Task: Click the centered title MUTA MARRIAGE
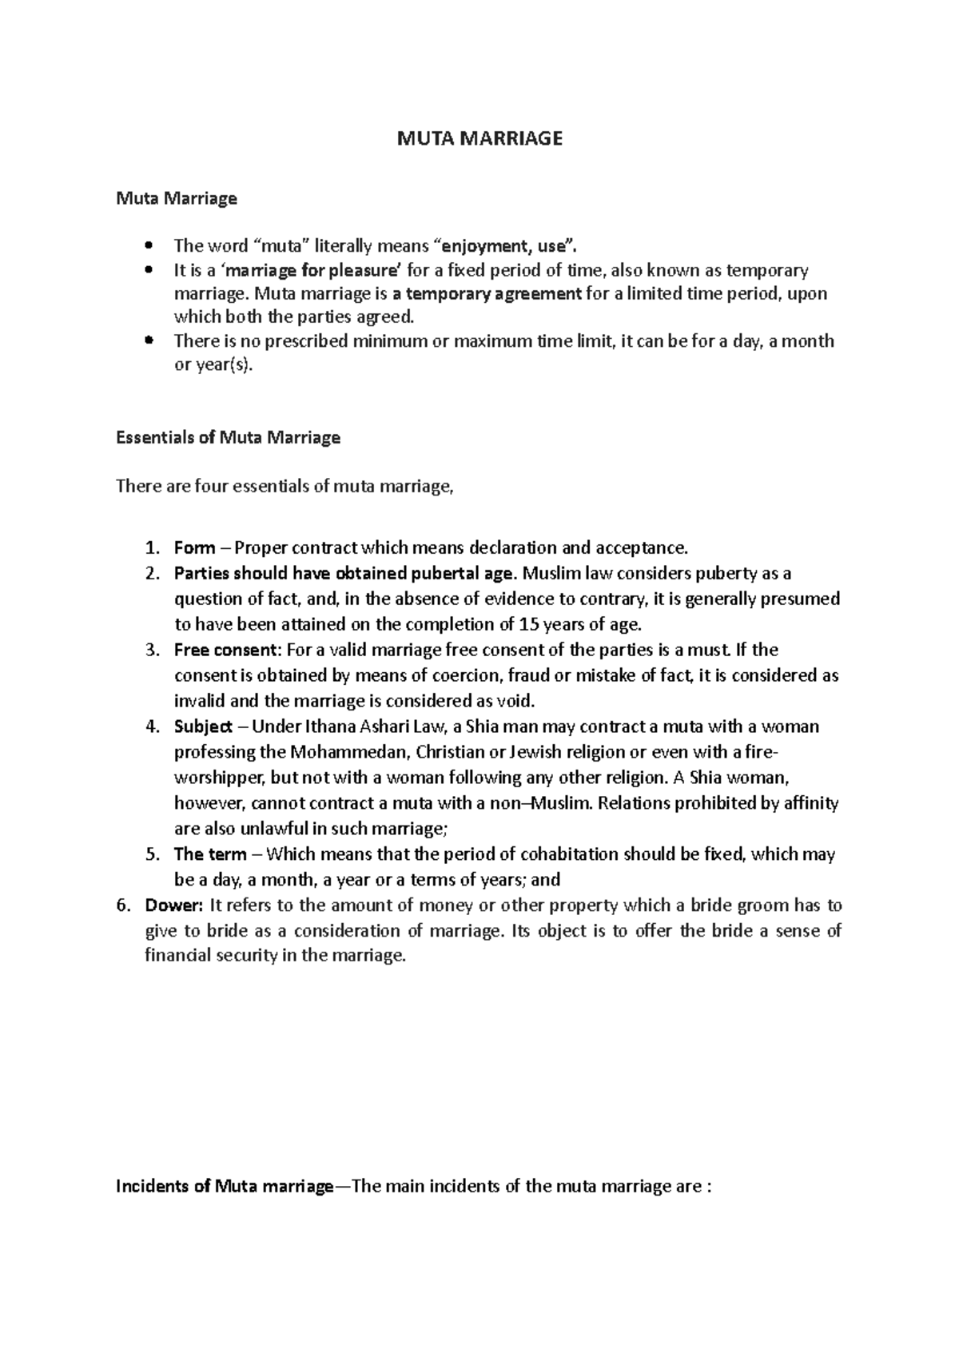pyautogui.click(x=480, y=139)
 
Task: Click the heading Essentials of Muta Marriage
pyautogui.click(x=228, y=437)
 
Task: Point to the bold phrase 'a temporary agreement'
pyautogui.click(x=487, y=293)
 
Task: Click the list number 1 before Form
pyautogui.click(x=152, y=548)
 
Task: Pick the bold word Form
pyautogui.click(x=194, y=548)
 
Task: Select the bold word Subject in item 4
pyautogui.click(x=203, y=726)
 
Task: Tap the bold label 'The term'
pyautogui.click(x=209, y=854)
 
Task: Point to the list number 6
pyautogui.click(x=122, y=905)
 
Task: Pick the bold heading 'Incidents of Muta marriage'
pyautogui.click(x=224, y=1186)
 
